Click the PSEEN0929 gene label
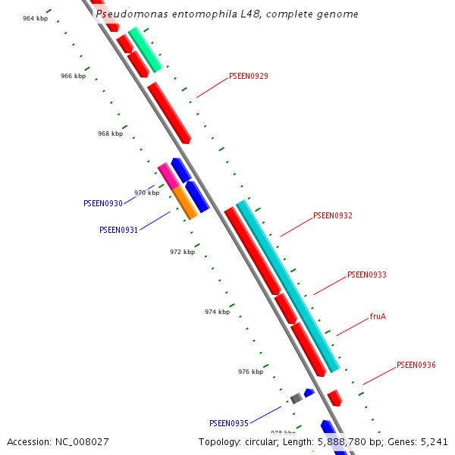248,77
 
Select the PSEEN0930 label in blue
102,203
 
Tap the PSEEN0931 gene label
118,230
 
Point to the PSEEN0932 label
332,216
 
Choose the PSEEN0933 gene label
366,275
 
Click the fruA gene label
378,316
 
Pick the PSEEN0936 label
416,366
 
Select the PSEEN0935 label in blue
228,423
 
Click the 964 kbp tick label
35,18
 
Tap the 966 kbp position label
73,76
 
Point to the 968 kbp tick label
110,133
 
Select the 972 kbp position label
182,252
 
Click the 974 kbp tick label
217,312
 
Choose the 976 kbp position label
250,372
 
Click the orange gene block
185,202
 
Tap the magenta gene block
168,176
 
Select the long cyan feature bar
287,286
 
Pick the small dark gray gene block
296,398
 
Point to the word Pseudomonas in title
126,14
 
